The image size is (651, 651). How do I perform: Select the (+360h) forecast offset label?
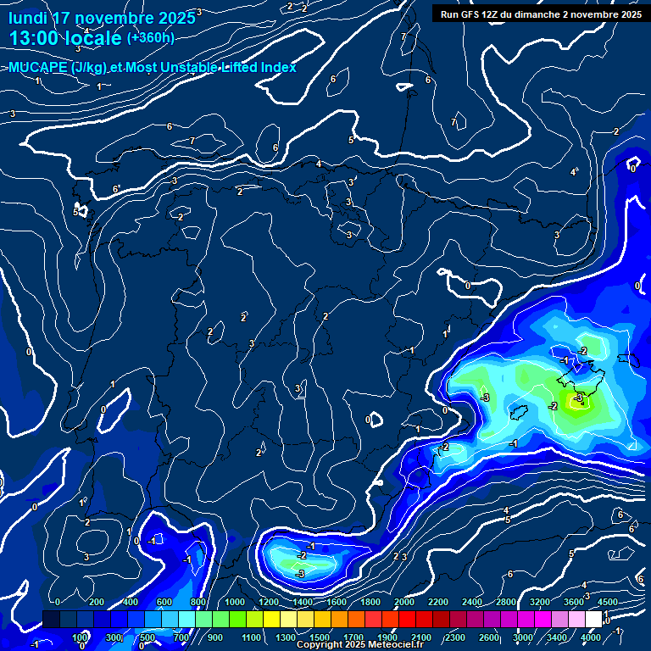tap(150, 38)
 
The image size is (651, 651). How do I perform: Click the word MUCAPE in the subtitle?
tap(38, 68)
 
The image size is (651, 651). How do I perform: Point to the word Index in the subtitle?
tap(277, 68)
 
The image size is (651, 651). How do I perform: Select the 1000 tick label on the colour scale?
tap(236, 602)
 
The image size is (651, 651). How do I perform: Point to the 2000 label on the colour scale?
tap(404, 602)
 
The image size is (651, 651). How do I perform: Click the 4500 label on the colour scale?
tap(606, 602)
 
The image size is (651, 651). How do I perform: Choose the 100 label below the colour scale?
tap(81, 637)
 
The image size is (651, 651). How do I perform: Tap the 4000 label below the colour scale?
tap(591, 637)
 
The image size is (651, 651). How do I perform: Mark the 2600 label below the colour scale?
tap(489, 637)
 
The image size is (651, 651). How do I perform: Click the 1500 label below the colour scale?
tap(320, 637)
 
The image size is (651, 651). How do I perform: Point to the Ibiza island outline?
tap(516, 412)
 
